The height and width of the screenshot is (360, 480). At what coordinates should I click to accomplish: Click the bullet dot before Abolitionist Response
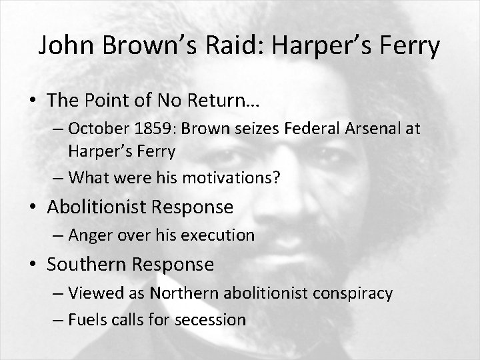(33, 207)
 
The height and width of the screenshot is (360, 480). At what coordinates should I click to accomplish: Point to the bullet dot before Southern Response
(33, 265)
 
